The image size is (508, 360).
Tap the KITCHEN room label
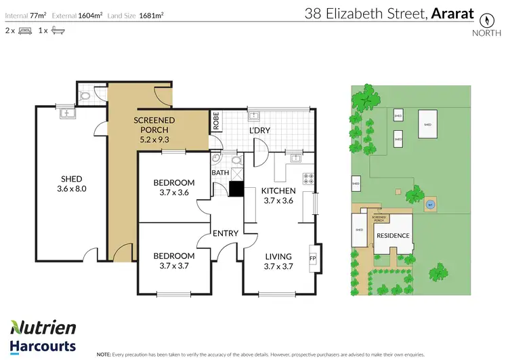click(278, 191)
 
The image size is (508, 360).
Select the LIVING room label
click(278, 256)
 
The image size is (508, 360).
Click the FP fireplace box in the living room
click(313, 258)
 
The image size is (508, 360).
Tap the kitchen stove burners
click(308, 180)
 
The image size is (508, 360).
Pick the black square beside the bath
click(236, 189)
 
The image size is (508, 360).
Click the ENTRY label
click(226, 233)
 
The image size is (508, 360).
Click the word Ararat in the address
click(452, 13)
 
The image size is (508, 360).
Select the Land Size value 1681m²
click(150, 14)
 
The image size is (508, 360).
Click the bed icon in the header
click(24, 31)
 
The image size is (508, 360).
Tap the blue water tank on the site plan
click(430, 204)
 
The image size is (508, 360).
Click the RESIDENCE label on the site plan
click(393, 236)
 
